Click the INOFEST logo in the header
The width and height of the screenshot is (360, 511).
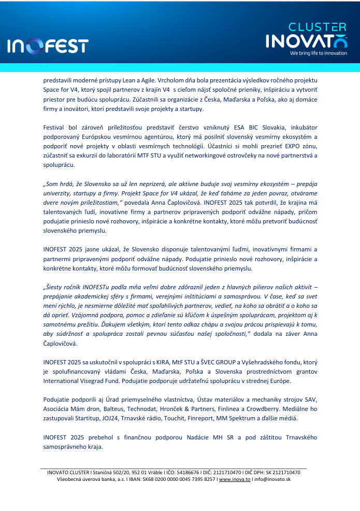tap(48, 47)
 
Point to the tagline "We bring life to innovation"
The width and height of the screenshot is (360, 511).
tap(318, 53)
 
